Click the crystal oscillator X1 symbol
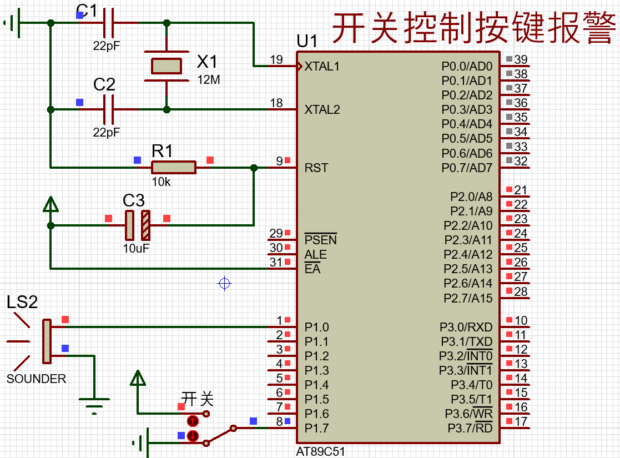coord(167,66)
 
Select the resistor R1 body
coord(174,167)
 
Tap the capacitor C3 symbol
coord(138,225)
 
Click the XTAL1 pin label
coord(322,66)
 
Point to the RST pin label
coord(316,168)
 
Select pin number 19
coord(276,59)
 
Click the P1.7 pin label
coord(316,429)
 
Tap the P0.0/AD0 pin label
coord(467,66)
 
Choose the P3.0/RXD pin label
coord(466,327)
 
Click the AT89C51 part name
coord(320,452)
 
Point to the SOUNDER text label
coord(37,379)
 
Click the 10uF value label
coord(136,248)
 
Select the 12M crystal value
coord(209,79)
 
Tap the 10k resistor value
coord(162,182)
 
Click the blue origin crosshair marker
coord(224,283)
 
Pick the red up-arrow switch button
coord(193,421)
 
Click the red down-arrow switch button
coord(193,435)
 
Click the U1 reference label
coord(307,41)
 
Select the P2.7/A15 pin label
coord(468,298)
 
